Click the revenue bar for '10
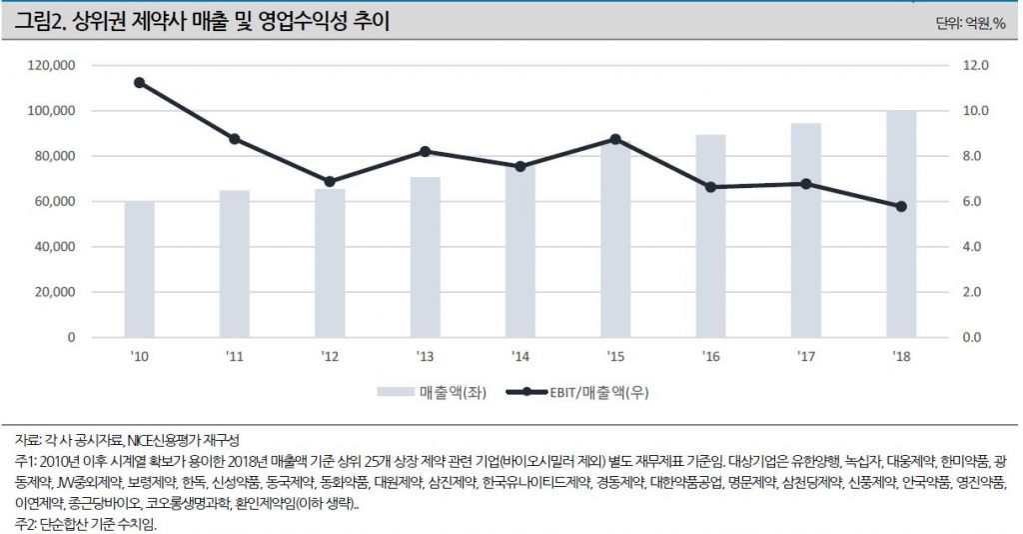pos(139,269)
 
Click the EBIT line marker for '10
pos(139,82)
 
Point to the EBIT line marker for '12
pos(330,182)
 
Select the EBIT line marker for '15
pos(615,139)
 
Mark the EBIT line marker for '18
pos(901,206)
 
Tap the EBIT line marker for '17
pos(806,184)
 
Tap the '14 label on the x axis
pos(519,356)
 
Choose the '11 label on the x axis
pos(234,356)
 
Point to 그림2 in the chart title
pos(37,21)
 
